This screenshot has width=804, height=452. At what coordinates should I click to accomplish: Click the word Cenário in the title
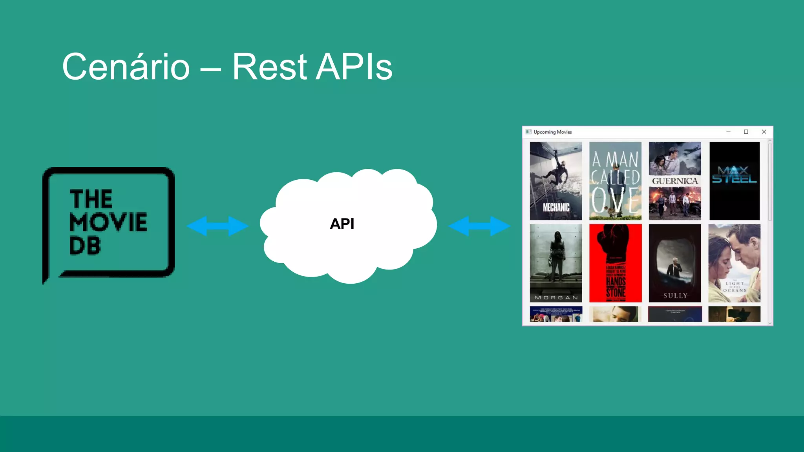click(x=126, y=67)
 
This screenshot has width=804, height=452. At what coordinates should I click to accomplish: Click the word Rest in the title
click(x=269, y=67)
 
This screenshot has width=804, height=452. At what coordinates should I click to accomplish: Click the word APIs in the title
click(x=354, y=67)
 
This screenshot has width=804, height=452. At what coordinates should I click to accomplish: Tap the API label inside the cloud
click(x=342, y=224)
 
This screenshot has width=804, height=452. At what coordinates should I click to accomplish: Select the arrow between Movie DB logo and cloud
click(x=217, y=226)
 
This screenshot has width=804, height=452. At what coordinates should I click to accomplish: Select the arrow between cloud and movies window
click(x=479, y=226)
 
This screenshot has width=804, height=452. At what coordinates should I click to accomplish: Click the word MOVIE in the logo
click(x=108, y=222)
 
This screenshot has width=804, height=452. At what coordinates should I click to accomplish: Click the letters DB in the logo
click(x=85, y=246)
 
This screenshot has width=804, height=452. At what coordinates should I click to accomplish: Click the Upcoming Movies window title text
click(x=552, y=132)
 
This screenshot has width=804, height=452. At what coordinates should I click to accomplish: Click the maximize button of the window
click(x=746, y=132)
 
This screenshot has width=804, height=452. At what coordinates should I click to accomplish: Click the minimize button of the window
click(x=728, y=132)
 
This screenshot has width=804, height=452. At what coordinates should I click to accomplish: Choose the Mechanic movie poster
click(x=555, y=181)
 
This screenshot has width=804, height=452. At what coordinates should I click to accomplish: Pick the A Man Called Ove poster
click(x=615, y=181)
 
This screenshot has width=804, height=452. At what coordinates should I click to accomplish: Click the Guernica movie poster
click(x=675, y=181)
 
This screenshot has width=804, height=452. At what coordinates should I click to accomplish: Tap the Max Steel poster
click(x=735, y=181)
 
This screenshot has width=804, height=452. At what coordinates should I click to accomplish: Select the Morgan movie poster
click(x=555, y=263)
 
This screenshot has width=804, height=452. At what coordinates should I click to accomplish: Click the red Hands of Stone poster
click(x=615, y=263)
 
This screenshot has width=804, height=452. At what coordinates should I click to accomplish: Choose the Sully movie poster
click(x=675, y=263)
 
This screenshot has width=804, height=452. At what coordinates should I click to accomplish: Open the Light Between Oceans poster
click(x=735, y=263)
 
